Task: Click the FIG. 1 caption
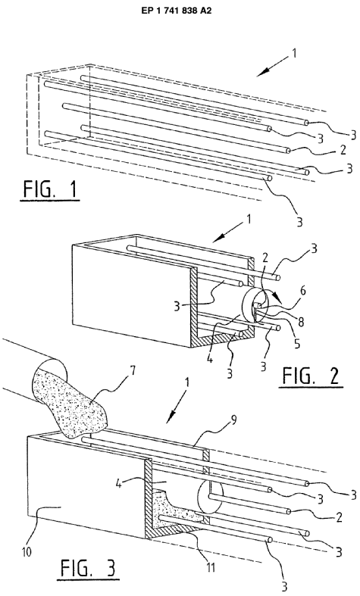coord(51,190)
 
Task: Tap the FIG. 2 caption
coord(311,376)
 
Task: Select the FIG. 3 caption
coord(88,569)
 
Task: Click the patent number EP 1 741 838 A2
coord(176,11)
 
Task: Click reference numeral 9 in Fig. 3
coord(234,420)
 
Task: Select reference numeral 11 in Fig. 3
coord(211,567)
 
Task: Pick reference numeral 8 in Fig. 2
coord(301,323)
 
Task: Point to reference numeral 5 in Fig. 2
coord(297,343)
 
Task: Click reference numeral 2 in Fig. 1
coord(343,149)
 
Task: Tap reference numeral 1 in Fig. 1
coord(293,53)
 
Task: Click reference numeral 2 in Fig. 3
coord(338,517)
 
